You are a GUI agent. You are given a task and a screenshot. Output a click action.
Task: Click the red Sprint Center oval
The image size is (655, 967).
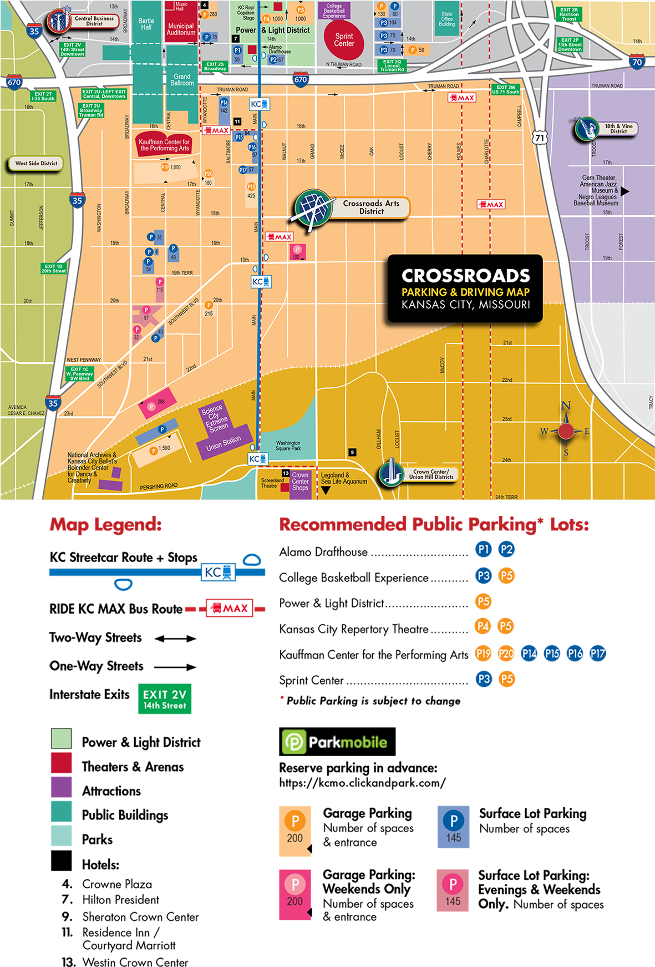(344, 40)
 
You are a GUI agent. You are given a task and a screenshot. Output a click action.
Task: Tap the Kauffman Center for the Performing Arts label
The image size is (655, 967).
(164, 145)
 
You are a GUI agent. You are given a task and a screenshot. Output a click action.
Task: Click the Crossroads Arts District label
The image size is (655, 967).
(371, 207)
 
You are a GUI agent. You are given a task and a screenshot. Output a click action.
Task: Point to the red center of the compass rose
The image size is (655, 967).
(566, 431)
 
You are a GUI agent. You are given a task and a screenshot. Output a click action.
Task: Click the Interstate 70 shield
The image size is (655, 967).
(637, 62)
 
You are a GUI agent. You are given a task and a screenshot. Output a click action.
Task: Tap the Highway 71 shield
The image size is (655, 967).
(540, 138)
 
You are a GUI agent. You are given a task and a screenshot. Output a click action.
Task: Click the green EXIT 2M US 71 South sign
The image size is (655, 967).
(505, 90)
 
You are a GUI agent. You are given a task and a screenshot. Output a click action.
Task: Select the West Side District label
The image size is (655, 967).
(36, 163)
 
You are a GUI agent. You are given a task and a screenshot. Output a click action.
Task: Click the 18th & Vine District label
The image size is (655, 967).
(618, 129)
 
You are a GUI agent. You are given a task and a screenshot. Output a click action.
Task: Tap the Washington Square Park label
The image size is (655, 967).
(288, 445)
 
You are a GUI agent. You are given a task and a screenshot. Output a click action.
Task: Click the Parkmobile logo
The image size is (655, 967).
(334, 742)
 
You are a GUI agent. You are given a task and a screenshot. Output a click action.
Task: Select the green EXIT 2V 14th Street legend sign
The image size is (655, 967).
(164, 699)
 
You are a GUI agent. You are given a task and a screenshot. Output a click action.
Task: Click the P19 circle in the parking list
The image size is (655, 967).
(483, 654)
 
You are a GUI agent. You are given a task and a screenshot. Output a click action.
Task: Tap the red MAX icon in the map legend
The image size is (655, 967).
(229, 608)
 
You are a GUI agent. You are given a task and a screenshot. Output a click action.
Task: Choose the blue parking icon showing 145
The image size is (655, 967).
(453, 827)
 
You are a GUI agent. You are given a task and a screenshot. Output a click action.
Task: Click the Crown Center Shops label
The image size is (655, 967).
(300, 482)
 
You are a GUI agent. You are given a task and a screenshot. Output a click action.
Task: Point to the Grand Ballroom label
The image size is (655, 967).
(182, 80)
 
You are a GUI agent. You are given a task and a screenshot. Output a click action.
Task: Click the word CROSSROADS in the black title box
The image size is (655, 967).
(465, 276)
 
